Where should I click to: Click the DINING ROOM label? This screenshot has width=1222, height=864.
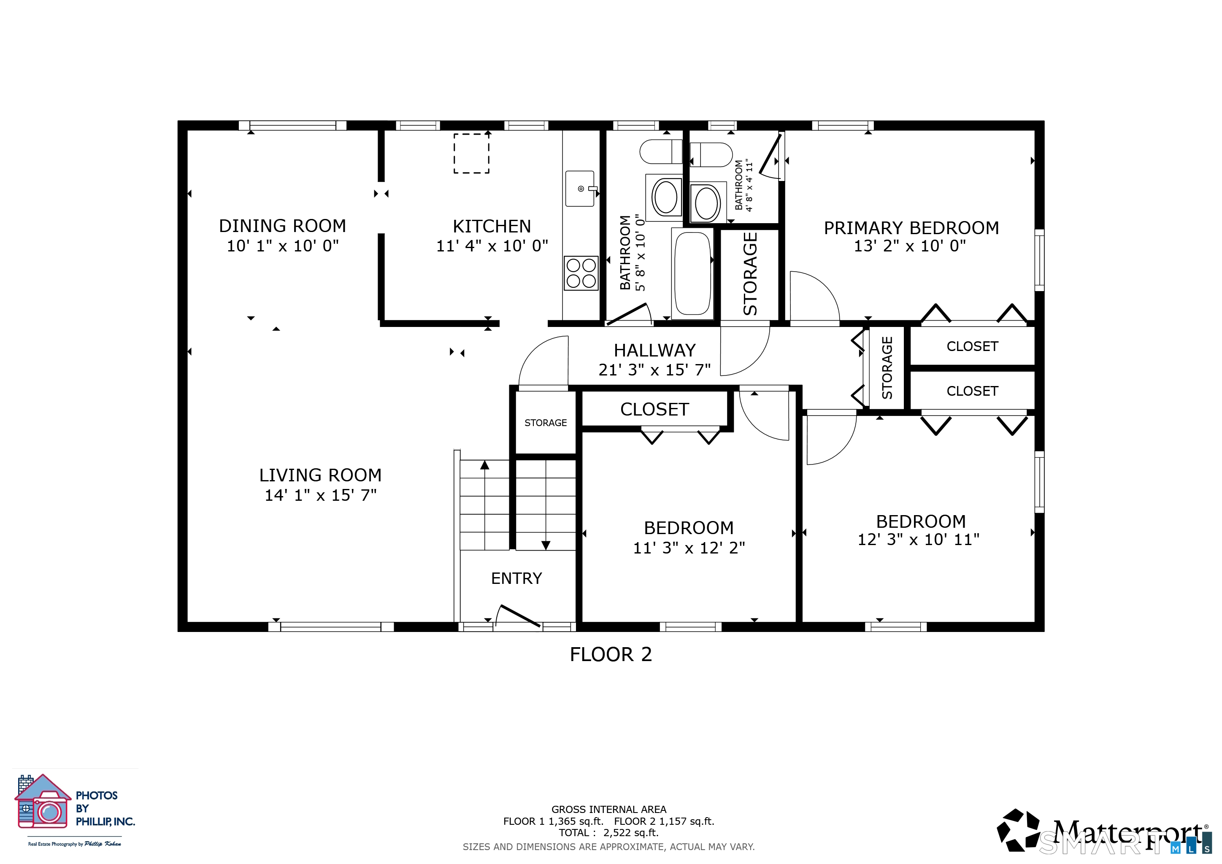(x=283, y=226)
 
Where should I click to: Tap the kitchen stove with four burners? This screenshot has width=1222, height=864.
(x=581, y=273)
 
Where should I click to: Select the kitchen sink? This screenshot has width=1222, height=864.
(x=580, y=188)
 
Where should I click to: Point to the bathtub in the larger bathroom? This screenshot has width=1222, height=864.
(x=692, y=274)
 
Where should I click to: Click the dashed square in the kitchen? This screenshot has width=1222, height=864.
(x=472, y=153)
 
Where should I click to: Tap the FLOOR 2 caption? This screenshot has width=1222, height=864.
(x=611, y=654)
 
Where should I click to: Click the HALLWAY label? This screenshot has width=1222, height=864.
(x=654, y=351)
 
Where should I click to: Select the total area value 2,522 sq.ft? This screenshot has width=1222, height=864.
(x=631, y=833)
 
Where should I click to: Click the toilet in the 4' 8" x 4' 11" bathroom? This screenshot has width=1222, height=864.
(x=711, y=155)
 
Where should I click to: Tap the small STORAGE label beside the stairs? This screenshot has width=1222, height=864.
(x=546, y=423)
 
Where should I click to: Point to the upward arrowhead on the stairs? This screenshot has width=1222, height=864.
(x=484, y=465)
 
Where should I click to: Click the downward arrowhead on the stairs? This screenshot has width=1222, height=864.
(x=546, y=545)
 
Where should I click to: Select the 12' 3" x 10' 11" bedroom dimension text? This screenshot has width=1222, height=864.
(x=919, y=540)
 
